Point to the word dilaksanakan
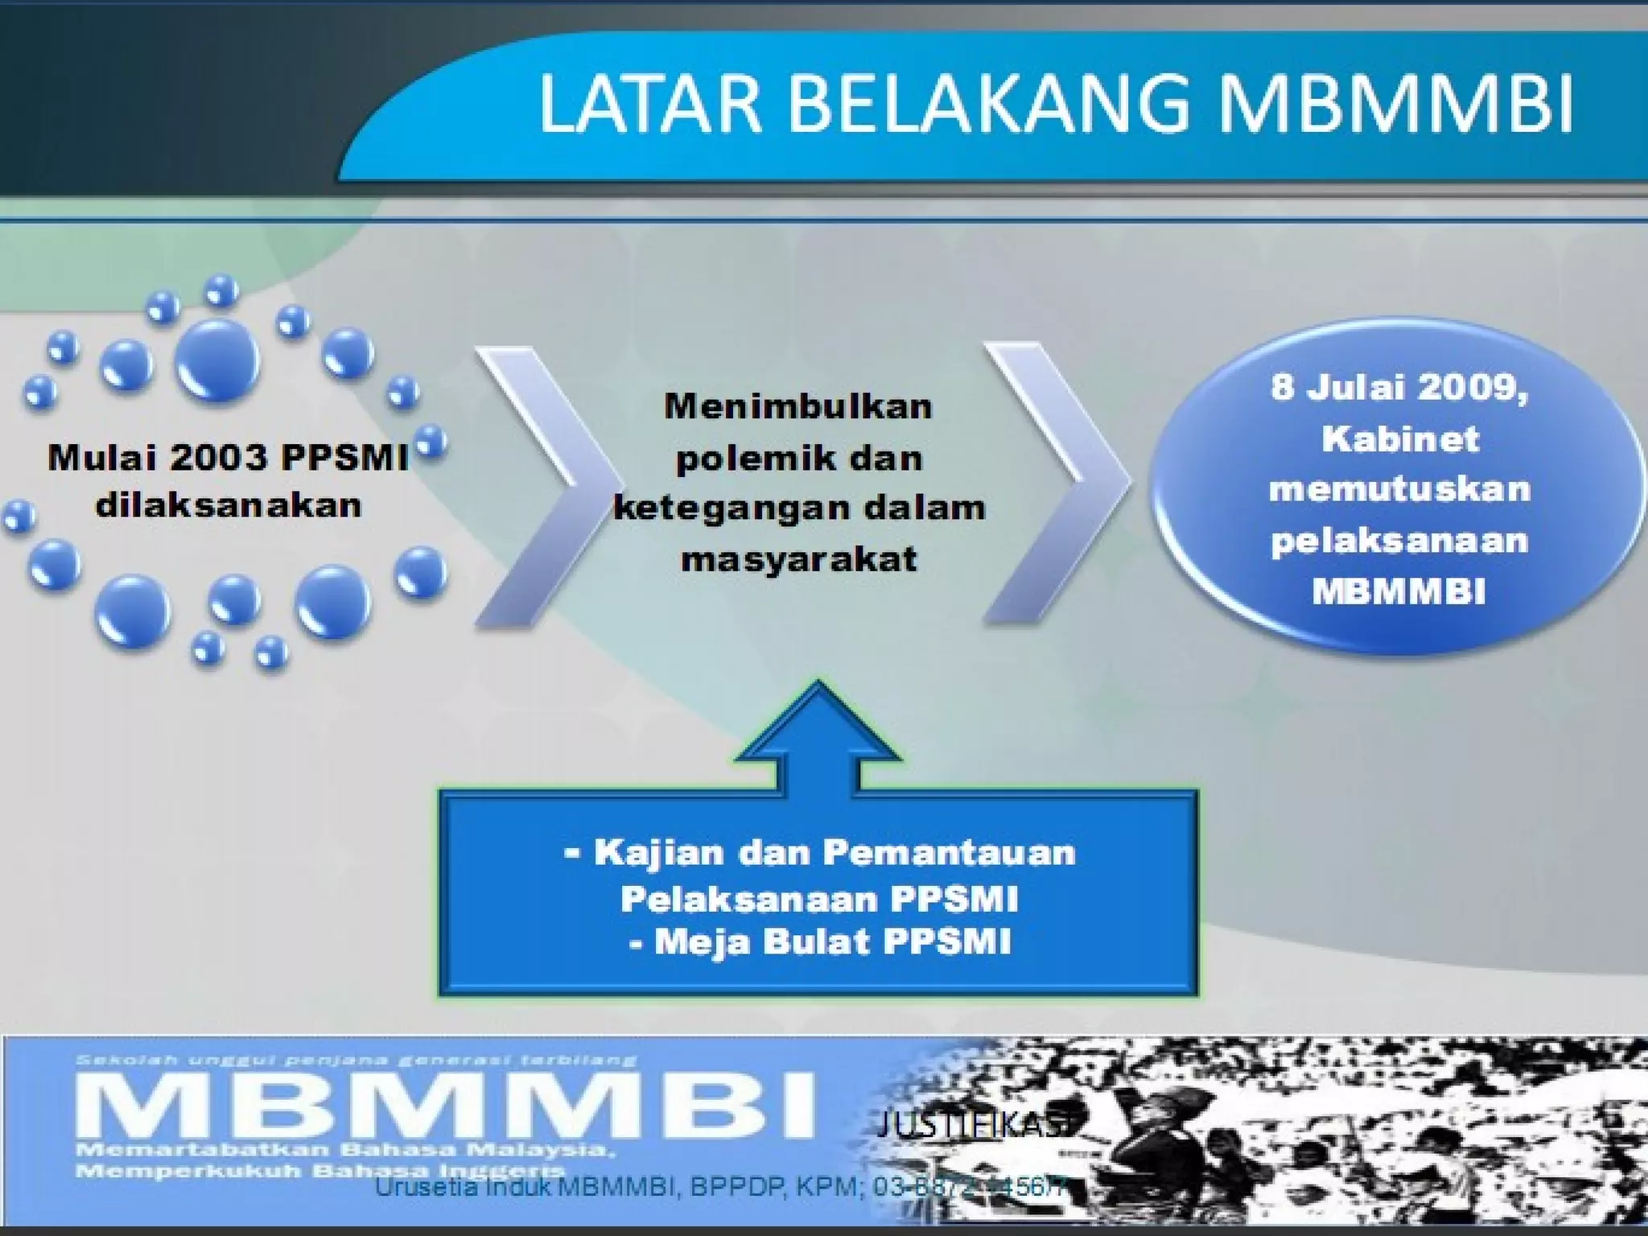[x=229, y=505]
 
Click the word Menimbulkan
[x=797, y=406]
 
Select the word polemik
[x=733, y=459]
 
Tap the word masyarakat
[x=798, y=558]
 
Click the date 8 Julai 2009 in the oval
[x=1399, y=388]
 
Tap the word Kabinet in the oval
[x=1399, y=439]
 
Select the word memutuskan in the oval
[x=1399, y=489]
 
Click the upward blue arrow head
[x=818, y=724]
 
